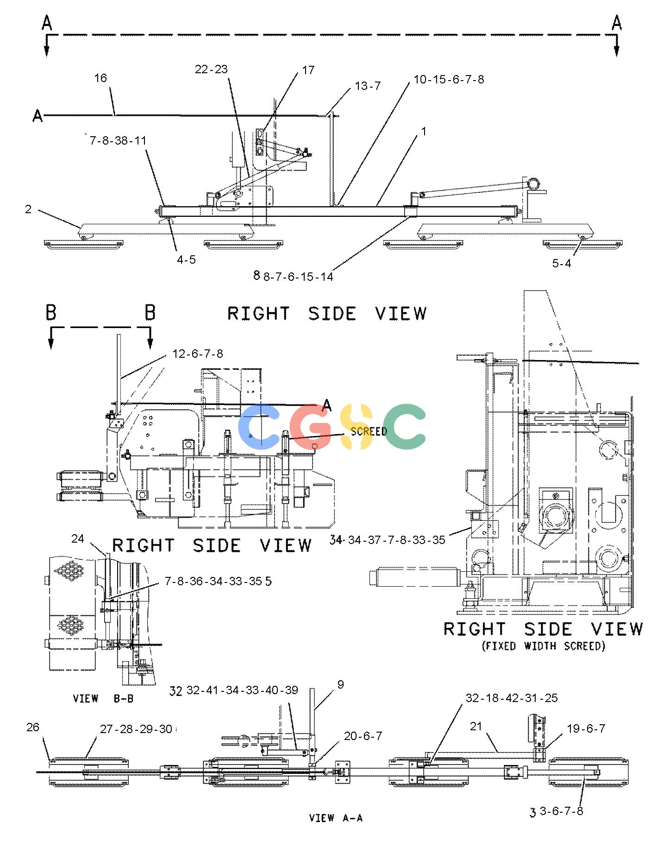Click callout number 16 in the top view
pos(100,78)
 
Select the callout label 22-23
pos(211,69)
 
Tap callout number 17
pos(308,70)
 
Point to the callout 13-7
pos(368,86)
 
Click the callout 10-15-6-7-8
pos(449,79)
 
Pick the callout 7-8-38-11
pos(118,140)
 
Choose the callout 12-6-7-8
pos(198,354)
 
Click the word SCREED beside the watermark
pos(369,431)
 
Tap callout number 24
pos(78,538)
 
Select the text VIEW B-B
pos(103,698)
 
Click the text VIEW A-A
pos(336,818)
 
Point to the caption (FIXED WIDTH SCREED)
pos(544,645)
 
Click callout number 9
pos(341,684)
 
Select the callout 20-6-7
pos(363,736)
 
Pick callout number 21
pos(476,727)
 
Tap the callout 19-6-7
pos(586,728)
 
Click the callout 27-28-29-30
pos(136,729)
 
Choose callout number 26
pos(33,727)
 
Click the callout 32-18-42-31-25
pos(512,698)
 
